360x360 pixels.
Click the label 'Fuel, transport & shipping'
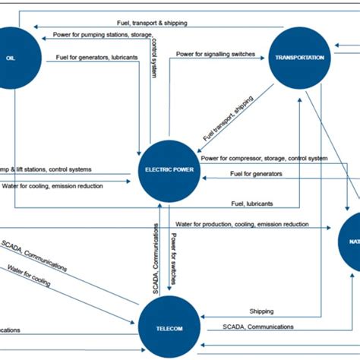tap(152, 23)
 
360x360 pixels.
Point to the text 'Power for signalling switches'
tap(220, 55)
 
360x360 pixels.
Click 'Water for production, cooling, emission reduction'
tap(242, 224)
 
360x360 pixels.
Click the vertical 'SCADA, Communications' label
tap(156, 260)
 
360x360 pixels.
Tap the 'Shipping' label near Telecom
tap(261, 311)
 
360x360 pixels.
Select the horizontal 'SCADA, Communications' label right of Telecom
tap(258, 327)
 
